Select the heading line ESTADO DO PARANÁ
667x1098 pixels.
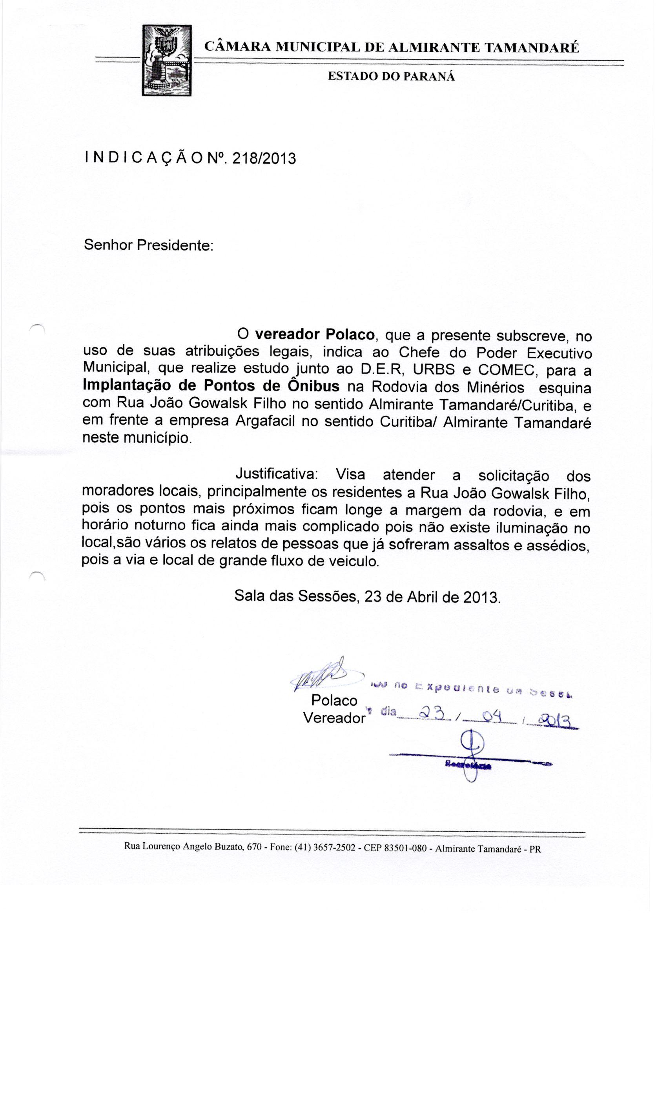tap(392, 76)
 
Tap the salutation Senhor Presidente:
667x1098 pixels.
tap(149, 245)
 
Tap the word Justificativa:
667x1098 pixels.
tap(277, 474)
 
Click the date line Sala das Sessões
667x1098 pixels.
tap(367, 596)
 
